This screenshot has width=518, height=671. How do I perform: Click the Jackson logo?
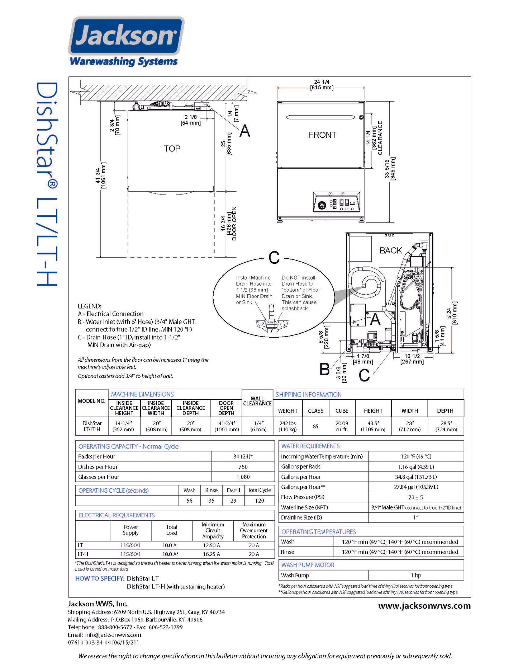tap(126, 36)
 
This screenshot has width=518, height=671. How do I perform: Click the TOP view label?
tap(172, 149)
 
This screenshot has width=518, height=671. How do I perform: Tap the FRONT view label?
tap(322, 135)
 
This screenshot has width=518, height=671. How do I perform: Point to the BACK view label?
tap(391, 250)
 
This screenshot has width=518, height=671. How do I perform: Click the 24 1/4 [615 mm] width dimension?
tap(322, 85)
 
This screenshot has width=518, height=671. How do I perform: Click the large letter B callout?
tap(324, 369)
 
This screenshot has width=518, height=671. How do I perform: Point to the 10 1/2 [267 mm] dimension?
tap(412, 359)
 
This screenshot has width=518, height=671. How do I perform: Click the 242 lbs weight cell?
tap(287, 426)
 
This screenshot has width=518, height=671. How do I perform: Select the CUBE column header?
tap(342, 410)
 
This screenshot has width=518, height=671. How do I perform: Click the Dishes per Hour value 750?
tap(243, 467)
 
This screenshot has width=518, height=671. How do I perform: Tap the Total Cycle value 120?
tap(259, 501)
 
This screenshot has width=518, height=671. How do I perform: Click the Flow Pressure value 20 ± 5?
tap(415, 497)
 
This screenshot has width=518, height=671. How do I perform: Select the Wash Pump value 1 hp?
tap(416, 575)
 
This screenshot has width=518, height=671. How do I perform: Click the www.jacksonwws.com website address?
tap(424, 606)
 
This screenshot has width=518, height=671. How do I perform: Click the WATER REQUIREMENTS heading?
tap(310, 446)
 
